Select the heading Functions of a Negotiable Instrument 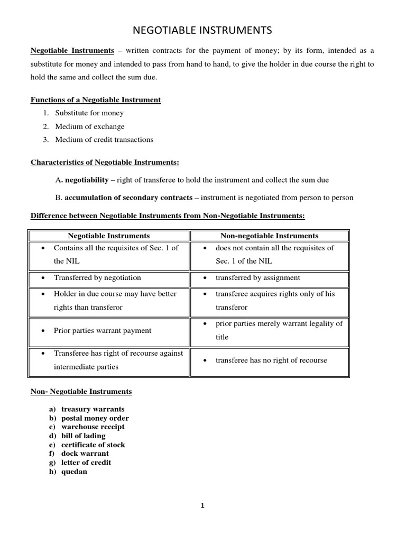96,100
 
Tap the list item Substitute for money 89,113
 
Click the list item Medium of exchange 89,126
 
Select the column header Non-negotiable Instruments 269,236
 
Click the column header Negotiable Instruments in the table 109,236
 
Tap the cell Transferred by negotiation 97,277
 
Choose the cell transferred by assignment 257,277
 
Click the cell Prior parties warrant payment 102,330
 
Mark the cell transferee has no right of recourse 271,360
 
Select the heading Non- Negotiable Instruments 81,391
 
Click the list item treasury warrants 93,409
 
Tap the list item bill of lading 83,436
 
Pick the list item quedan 74,472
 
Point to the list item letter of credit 86,463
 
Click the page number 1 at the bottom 202,505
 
